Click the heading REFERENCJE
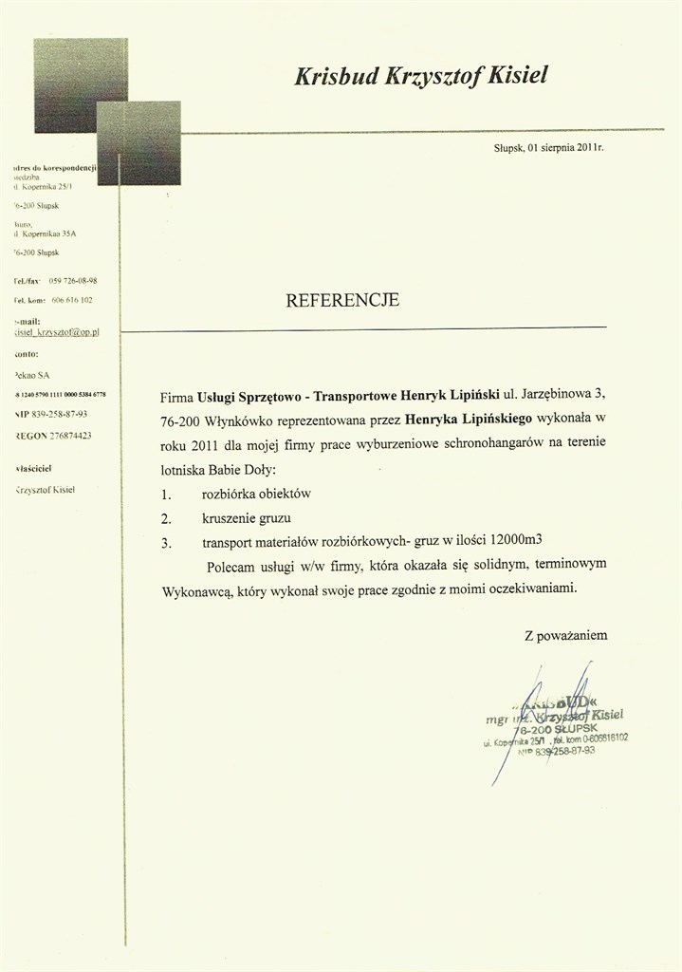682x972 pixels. (342, 301)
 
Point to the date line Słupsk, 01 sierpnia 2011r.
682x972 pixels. (548, 149)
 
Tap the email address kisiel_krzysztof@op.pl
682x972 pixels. (57, 334)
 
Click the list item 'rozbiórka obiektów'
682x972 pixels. (256, 495)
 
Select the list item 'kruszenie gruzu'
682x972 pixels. (247, 518)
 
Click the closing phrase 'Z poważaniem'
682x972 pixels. (565, 635)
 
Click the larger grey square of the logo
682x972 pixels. (80, 84)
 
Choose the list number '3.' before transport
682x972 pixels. (166, 543)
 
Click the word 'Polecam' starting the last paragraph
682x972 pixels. (231, 566)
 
